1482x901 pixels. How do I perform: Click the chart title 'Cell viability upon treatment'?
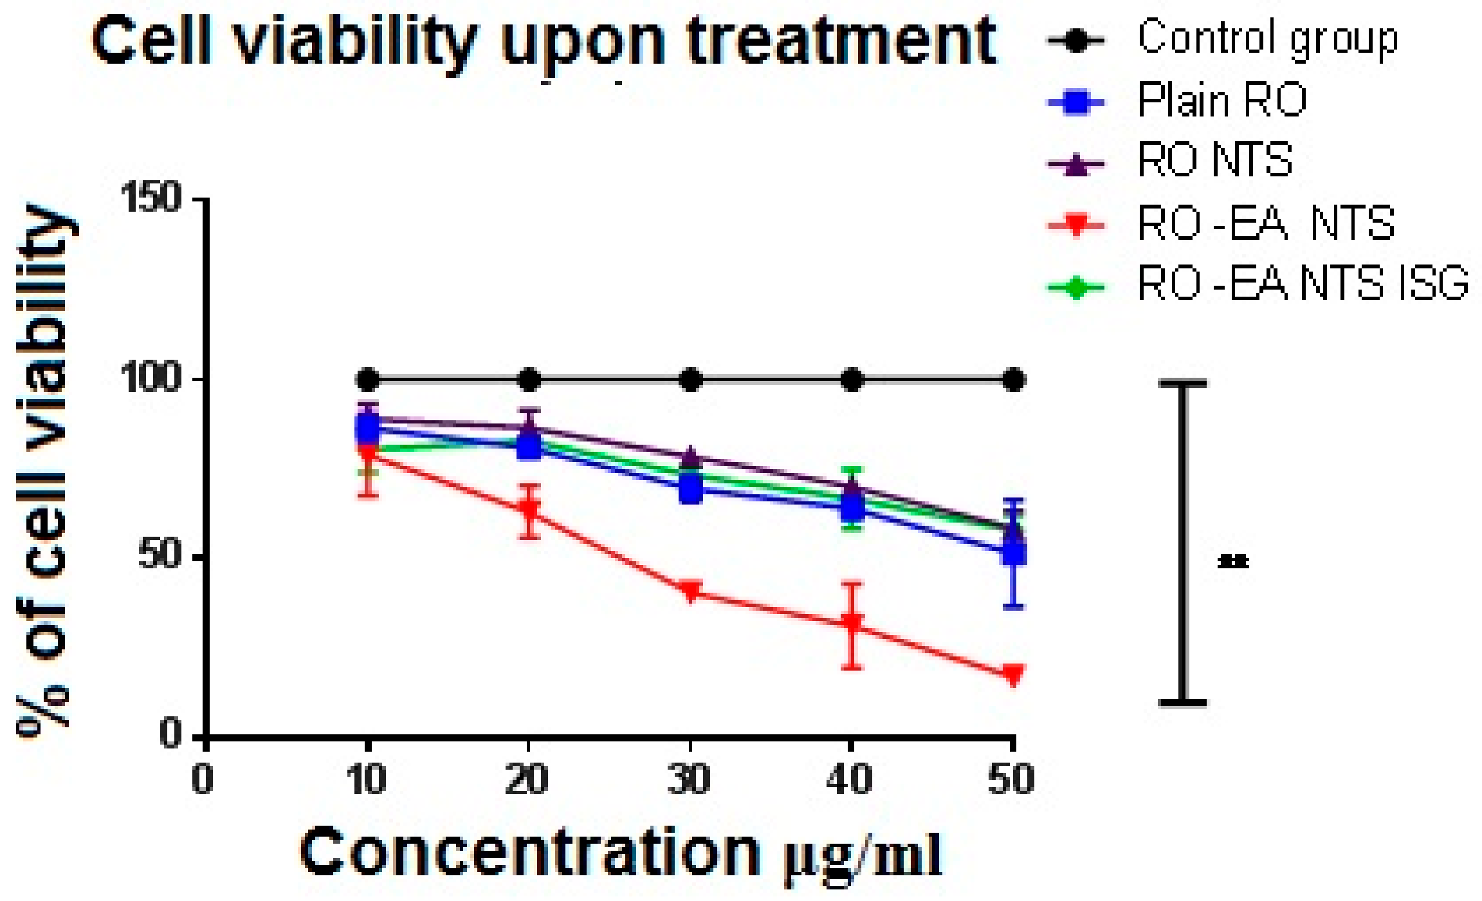tap(544, 42)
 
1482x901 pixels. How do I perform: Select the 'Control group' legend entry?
tap(1267, 39)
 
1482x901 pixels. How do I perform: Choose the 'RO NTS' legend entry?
tap(1214, 160)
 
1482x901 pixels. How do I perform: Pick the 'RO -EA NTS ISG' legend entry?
tap(1303, 283)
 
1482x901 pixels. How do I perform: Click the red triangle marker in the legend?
tap(1076, 225)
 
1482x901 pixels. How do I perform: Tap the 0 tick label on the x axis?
tap(203, 780)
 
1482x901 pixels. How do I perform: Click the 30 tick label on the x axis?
tap(689, 780)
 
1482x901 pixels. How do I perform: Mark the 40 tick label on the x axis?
tap(850, 780)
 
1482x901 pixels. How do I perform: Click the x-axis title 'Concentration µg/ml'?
tap(621, 855)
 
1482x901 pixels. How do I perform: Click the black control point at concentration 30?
tap(690, 380)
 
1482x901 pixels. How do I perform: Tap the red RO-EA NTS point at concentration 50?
tap(1013, 675)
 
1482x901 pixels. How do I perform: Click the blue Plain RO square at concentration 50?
tap(1013, 552)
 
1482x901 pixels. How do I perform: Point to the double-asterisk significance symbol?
tap(1233, 562)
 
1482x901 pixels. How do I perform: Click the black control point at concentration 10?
tap(367, 380)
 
